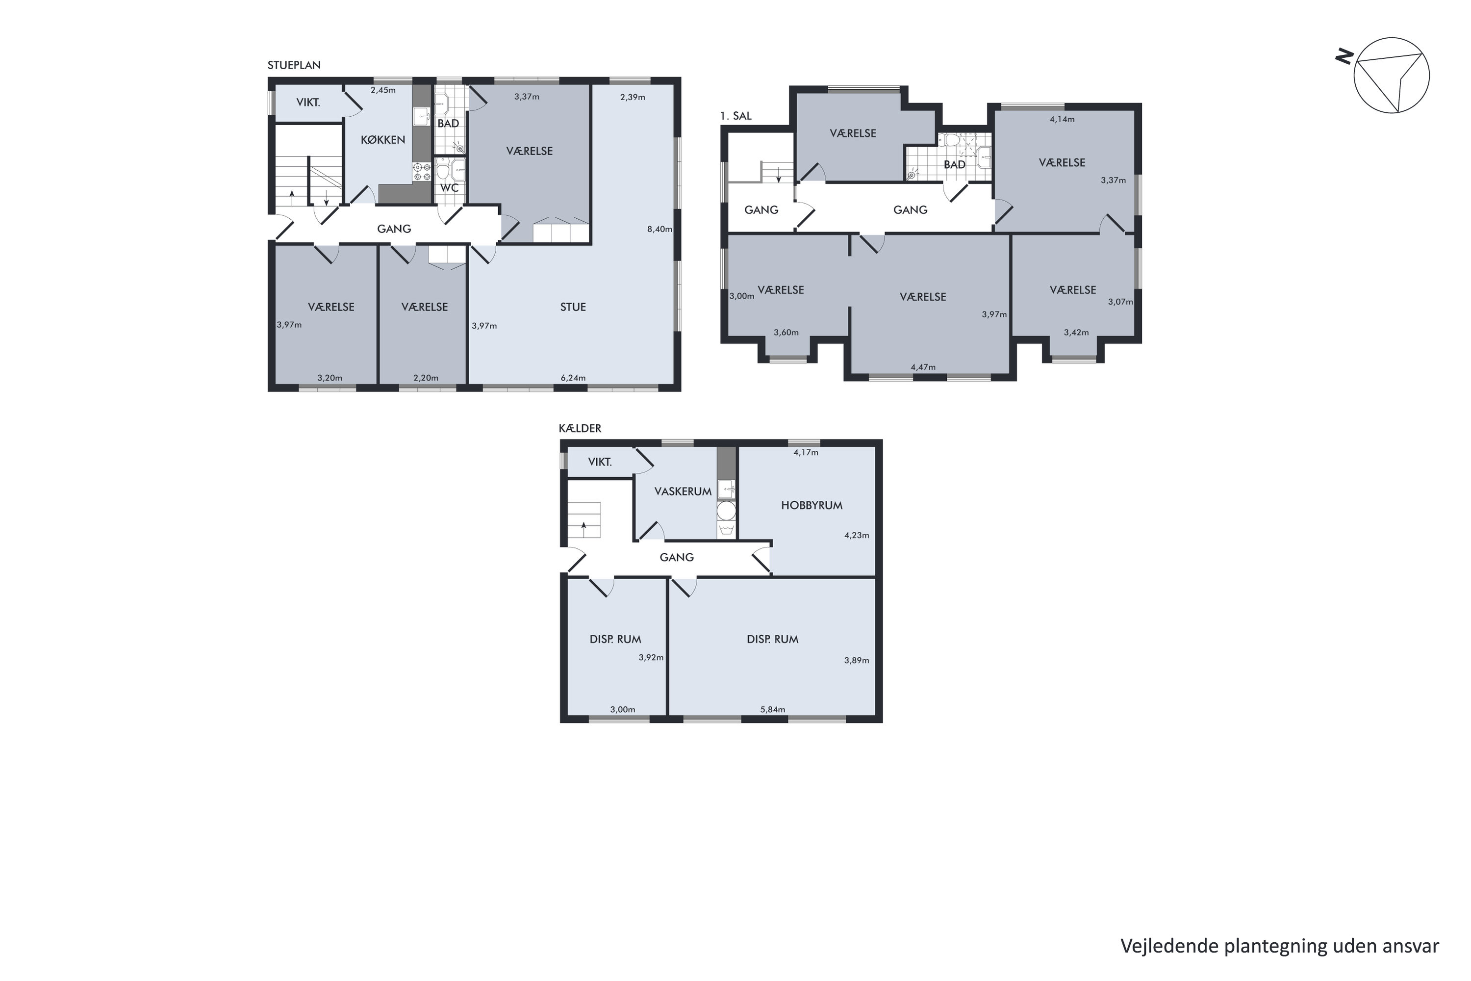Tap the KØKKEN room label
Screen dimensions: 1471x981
[x=383, y=139]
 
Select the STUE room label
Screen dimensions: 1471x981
[x=573, y=307]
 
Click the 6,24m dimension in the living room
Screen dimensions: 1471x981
[x=573, y=378]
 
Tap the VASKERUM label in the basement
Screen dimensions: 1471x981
[x=683, y=491]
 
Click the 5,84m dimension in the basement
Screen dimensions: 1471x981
[x=772, y=709]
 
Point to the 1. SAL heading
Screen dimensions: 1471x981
[x=735, y=116]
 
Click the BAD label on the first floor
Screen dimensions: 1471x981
[x=954, y=164]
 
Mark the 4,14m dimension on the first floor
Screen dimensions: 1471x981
[x=1062, y=119]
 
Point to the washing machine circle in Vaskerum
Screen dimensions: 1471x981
[x=726, y=511]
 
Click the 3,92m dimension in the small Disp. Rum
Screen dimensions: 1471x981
[x=651, y=658]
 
